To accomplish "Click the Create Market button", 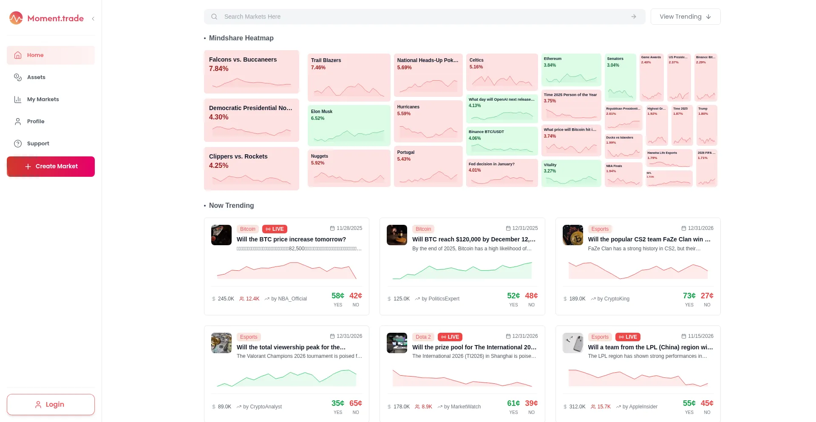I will [51, 167].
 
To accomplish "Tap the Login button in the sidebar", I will [51, 405].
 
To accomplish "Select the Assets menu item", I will [36, 77].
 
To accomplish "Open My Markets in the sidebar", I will [42, 99].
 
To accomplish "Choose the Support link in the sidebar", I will [38, 144].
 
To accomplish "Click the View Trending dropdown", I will [685, 17].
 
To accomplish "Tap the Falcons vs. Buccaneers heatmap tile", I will [251, 72].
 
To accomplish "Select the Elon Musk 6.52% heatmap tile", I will [348, 125].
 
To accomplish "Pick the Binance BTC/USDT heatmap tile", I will [501, 141].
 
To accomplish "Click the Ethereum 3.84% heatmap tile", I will [571, 70].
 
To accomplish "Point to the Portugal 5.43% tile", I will [428, 166].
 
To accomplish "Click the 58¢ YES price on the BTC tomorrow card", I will [338, 296].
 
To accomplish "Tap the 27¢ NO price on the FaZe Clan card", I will [707, 296].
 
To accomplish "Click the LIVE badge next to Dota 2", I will [450, 337].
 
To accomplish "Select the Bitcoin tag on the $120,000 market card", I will [423, 229].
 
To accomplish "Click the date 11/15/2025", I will [700, 336].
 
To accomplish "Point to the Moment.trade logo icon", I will [16, 18].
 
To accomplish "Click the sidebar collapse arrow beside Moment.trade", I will [93, 19].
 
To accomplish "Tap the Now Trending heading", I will [231, 206].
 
